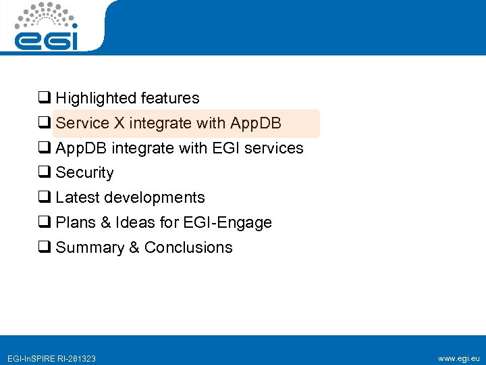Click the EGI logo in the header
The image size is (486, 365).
[x=47, y=27]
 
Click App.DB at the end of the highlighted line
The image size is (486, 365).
[x=256, y=124]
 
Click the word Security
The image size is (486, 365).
[x=84, y=173]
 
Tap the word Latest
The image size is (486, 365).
[x=76, y=198]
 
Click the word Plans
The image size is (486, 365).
[x=76, y=223]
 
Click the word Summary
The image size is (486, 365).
[x=89, y=248]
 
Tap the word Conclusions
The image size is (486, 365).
[x=188, y=248]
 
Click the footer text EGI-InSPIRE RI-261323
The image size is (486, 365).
[x=51, y=358]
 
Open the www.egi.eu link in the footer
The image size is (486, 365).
[x=459, y=358]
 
